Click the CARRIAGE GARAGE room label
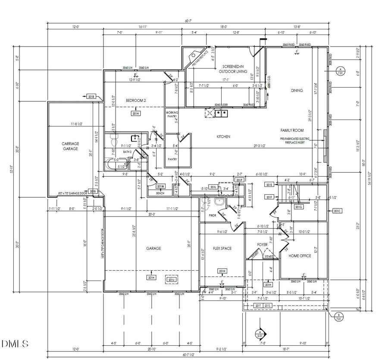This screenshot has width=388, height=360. [70, 146]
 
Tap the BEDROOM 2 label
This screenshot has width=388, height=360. [136, 101]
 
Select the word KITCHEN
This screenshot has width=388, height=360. [223, 136]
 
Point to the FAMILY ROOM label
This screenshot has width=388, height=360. [292, 130]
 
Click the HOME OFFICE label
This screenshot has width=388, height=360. [300, 256]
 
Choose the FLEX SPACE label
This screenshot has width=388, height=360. [222, 248]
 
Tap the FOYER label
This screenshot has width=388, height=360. [262, 244]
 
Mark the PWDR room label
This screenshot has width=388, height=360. [213, 215]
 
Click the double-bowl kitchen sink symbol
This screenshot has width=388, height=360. [222, 114]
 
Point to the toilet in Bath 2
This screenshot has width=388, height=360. [114, 140]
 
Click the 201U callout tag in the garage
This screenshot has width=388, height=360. [171, 279]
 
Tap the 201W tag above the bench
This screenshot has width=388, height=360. [160, 186]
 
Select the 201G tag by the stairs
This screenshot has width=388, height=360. [299, 207]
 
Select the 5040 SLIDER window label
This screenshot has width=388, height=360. [222, 105]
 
